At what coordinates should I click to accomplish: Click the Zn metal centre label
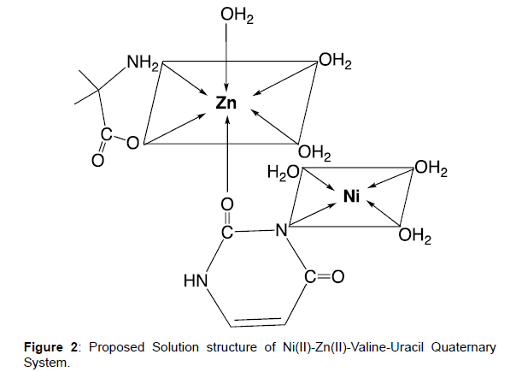[x=226, y=103]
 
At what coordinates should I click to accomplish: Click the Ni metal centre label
[x=352, y=197]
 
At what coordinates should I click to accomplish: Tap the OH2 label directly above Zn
[x=237, y=15]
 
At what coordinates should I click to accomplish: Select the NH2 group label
[x=143, y=62]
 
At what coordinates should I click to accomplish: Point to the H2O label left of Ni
[x=283, y=173]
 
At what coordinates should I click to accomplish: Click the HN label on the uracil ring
[x=196, y=280]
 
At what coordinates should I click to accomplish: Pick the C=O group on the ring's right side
[x=325, y=276]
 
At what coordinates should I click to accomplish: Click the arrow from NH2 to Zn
[x=185, y=78]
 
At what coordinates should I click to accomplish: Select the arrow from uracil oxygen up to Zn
[x=227, y=154]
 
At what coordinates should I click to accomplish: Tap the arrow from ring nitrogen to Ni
[x=313, y=214]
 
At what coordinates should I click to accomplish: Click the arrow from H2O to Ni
[x=318, y=180]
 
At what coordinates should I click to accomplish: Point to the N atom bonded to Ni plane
[x=282, y=230]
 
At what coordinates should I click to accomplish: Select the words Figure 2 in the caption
[x=50, y=347]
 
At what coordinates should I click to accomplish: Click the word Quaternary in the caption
[x=463, y=347]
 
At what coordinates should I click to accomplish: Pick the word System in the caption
[x=45, y=363]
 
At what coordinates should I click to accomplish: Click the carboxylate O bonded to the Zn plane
[x=132, y=143]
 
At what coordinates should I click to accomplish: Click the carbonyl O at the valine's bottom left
[x=98, y=160]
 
